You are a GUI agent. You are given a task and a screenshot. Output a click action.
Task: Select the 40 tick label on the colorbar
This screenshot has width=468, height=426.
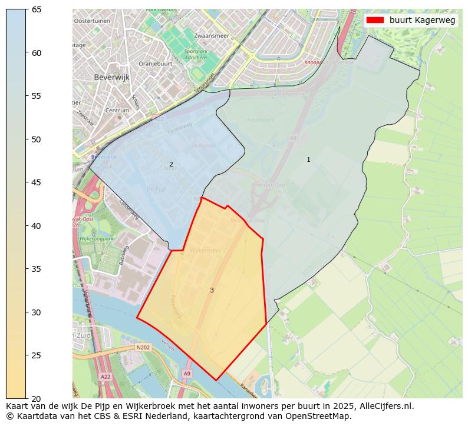36,226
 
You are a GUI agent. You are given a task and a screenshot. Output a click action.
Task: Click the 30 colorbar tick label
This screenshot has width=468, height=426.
36,312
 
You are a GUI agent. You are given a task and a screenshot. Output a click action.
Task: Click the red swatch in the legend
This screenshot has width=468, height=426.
375,20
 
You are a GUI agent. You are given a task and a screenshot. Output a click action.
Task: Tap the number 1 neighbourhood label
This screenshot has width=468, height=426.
308,159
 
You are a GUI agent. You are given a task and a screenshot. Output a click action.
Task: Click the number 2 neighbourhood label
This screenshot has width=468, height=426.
171,164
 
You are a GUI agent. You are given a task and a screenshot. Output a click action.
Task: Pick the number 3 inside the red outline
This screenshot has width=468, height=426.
212,290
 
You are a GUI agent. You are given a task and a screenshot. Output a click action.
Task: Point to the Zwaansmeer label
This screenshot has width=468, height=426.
211,36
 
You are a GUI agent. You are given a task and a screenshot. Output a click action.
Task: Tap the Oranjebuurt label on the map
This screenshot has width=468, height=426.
155,64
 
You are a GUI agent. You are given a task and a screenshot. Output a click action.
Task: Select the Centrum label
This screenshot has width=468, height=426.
117,111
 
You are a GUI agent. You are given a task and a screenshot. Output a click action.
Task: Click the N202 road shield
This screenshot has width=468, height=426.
143,348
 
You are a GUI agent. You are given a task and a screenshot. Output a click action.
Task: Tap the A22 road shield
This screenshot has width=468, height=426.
106,377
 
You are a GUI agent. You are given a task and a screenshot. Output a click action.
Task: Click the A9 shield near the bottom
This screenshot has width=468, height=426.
187,374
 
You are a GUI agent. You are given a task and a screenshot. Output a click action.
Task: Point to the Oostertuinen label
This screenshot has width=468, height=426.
92,21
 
